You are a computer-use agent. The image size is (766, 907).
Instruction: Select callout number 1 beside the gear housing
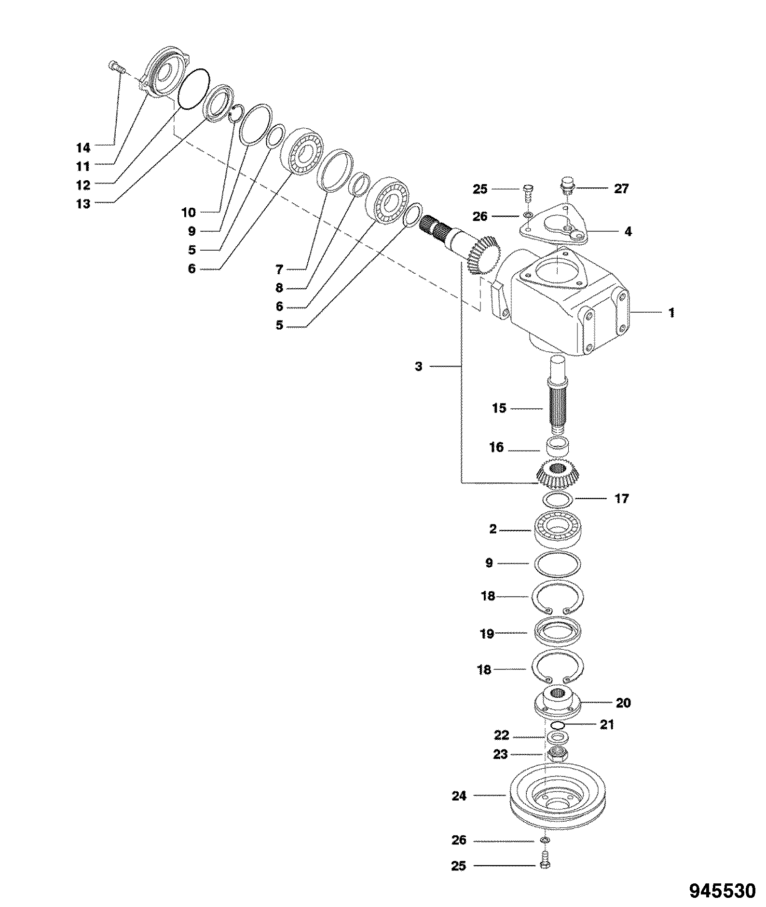671,313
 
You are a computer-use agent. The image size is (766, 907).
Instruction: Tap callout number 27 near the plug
621,188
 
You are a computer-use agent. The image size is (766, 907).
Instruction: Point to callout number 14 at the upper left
83,147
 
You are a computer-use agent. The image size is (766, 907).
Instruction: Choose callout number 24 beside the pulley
459,796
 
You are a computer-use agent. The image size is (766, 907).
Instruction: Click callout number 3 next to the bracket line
418,367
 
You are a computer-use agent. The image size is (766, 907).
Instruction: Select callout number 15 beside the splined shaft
499,408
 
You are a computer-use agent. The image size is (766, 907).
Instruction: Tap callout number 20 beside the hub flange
623,703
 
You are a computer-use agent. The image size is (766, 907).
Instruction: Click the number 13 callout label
83,204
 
